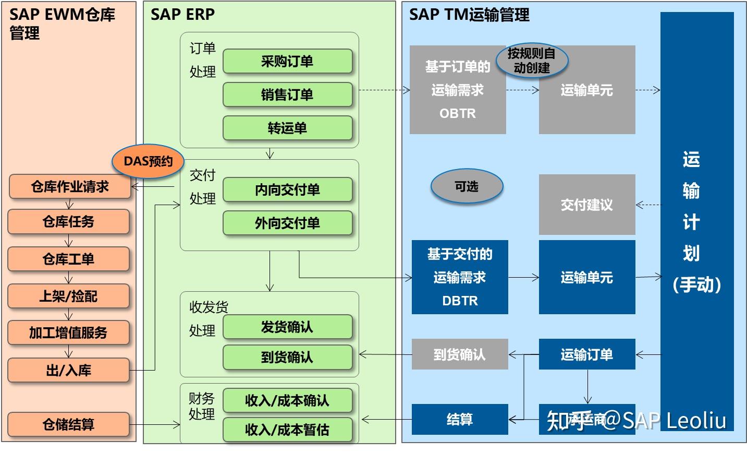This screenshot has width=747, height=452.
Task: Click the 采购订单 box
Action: pyautogui.click(x=288, y=62)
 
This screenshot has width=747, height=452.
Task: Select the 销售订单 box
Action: pyautogui.click(x=288, y=95)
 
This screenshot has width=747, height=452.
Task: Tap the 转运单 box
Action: pyautogui.click(x=288, y=128)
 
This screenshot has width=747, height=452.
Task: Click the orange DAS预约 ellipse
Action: pyautogui.click(x=148, y=161)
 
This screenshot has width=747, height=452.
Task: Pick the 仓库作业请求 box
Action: pyautogui.click(x=70, y=187)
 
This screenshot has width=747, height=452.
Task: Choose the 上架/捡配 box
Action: pyautogui.click(x=68, y=296)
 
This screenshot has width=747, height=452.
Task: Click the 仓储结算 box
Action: pyautogui.click(x=68, y=425)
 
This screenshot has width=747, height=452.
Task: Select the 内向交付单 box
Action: pyautogui.click(x=288, y=190)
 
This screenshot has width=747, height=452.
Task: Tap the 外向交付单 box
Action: pyautogui.click(x=288, y=223)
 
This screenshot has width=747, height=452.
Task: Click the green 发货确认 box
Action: pyautogui.click(x=288, y=327)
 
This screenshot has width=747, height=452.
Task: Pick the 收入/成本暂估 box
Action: pyautogui.click(x=288, y=430)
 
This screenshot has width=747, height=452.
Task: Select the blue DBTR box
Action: pyautogui.click(x=460, y=277)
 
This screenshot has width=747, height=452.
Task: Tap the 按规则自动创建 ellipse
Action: pyautogui.click(x=532, y=61)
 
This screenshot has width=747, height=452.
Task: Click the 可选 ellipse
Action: pyautogui.click(x=467, y=186)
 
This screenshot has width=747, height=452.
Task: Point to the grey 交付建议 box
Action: pyautogui.click(x=587, y=205)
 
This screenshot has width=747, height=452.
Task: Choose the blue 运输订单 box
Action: pyautogui.click(x=587, y=354)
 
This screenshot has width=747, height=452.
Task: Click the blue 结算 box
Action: pyautogui.click(x=460, y=419)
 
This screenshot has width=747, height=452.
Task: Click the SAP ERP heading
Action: pyautogui.click(x=182, y=15)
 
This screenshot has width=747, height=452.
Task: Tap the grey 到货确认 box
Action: pyautogui.click(x=460, y=354)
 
